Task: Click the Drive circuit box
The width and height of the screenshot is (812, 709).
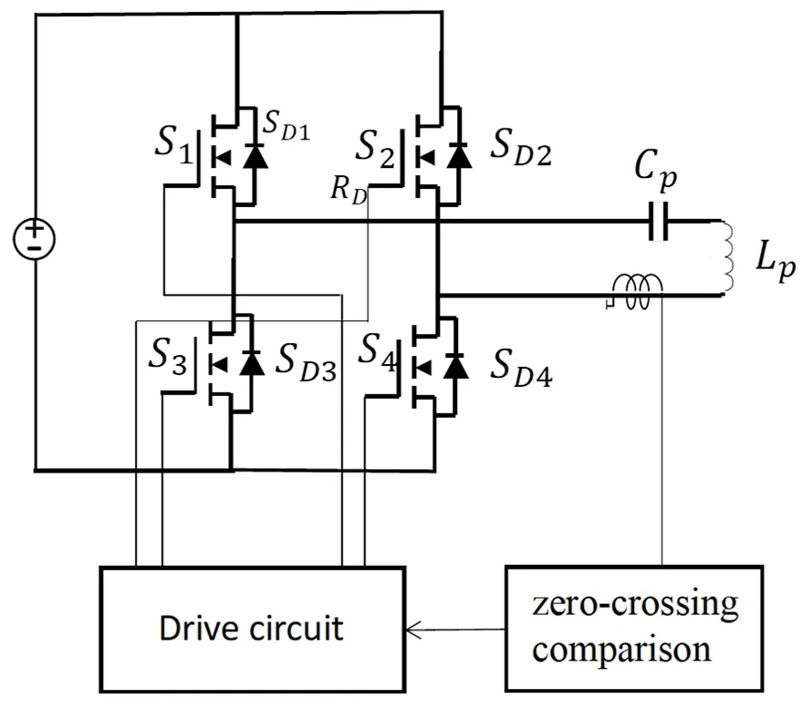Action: tap(250, 628)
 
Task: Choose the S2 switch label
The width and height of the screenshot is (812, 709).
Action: tap(378, 147)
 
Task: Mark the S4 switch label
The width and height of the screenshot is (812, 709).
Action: tap(381, 350)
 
